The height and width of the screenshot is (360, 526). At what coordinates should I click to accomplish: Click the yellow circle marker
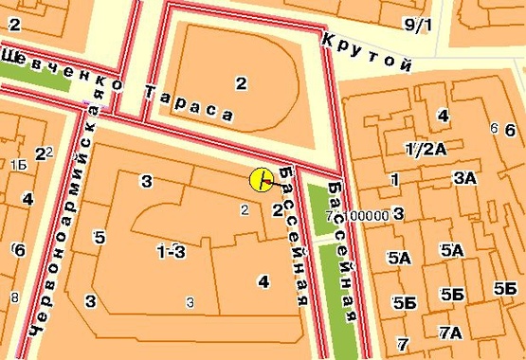coord(261,179)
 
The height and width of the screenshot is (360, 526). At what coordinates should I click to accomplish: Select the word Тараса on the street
coord(190,101)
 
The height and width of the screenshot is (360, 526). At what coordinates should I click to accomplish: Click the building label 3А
coord(464,177)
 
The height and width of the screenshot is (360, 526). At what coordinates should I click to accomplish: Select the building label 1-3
coord(171,250)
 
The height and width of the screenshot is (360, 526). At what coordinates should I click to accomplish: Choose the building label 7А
coord(450,332)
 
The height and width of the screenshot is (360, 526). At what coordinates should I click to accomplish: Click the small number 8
coord(14,297)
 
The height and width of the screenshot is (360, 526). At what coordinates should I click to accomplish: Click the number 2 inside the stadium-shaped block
coord(241,84)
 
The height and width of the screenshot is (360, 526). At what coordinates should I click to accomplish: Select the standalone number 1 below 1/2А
coord(394,179)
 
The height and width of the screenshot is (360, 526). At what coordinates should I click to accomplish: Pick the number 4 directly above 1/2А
coord(443,116)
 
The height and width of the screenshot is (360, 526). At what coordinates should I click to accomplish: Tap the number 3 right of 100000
coord(399,213)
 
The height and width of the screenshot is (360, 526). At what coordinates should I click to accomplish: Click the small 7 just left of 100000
coord(329,216)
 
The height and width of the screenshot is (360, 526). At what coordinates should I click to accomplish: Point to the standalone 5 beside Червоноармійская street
coord(99,237)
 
